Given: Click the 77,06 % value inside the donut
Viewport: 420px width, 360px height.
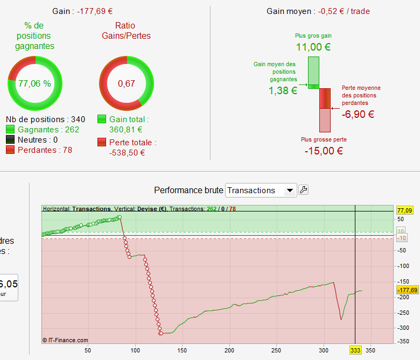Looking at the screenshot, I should (34, 83).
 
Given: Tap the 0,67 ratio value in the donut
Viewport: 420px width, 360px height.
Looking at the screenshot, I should (127, 83).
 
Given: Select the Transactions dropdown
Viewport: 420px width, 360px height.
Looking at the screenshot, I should (261, 190).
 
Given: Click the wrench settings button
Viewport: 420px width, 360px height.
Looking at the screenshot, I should (303, 189).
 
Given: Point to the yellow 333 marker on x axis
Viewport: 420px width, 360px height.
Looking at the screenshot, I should (355, 350).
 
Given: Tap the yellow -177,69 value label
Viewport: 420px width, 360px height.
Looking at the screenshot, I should (407, 290).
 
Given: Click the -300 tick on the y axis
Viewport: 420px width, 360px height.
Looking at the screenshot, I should (403, 328).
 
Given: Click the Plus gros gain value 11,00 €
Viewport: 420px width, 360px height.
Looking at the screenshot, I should (313, 47).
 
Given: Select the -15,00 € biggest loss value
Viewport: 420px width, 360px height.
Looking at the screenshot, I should (323, 151).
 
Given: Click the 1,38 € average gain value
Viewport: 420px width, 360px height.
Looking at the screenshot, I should (283, 91).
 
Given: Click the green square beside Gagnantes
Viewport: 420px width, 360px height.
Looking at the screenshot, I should (10, 130).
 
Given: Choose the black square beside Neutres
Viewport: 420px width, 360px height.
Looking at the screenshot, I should (10, 140).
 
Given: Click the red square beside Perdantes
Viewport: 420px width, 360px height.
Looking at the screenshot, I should (10, 150).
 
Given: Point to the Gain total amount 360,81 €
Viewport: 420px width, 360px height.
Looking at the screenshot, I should (125, 129).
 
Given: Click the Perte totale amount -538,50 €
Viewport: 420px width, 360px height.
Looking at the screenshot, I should (127, 152).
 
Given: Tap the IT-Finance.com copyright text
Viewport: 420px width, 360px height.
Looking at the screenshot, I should (65, 340).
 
